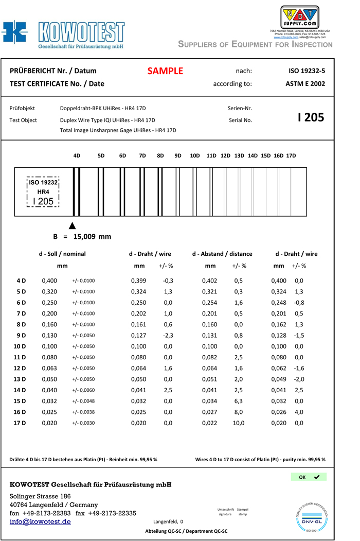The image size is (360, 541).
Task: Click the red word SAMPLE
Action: [165, 71]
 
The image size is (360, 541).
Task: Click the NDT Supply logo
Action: [299, 17]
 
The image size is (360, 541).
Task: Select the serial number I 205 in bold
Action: [311, 117]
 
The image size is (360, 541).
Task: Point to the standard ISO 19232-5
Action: [307, 71]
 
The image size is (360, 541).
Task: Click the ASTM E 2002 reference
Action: [305, 84]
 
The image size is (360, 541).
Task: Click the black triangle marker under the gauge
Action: [73, 225]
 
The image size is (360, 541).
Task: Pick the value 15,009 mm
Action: [93, 237]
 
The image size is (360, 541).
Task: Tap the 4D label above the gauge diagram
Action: [77, 155]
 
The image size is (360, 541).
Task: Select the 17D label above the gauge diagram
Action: [291, 155]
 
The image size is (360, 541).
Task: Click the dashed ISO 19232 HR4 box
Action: [43, 192]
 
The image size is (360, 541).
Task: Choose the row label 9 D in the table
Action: [21, 336]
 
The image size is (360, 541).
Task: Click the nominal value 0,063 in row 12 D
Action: [49, 369]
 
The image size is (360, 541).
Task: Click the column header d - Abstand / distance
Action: [222, 254]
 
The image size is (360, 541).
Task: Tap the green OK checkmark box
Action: [309, 477]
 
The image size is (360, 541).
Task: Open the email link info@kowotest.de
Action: [40, 522]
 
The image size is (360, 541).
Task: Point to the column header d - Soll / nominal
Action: [62, 254]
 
